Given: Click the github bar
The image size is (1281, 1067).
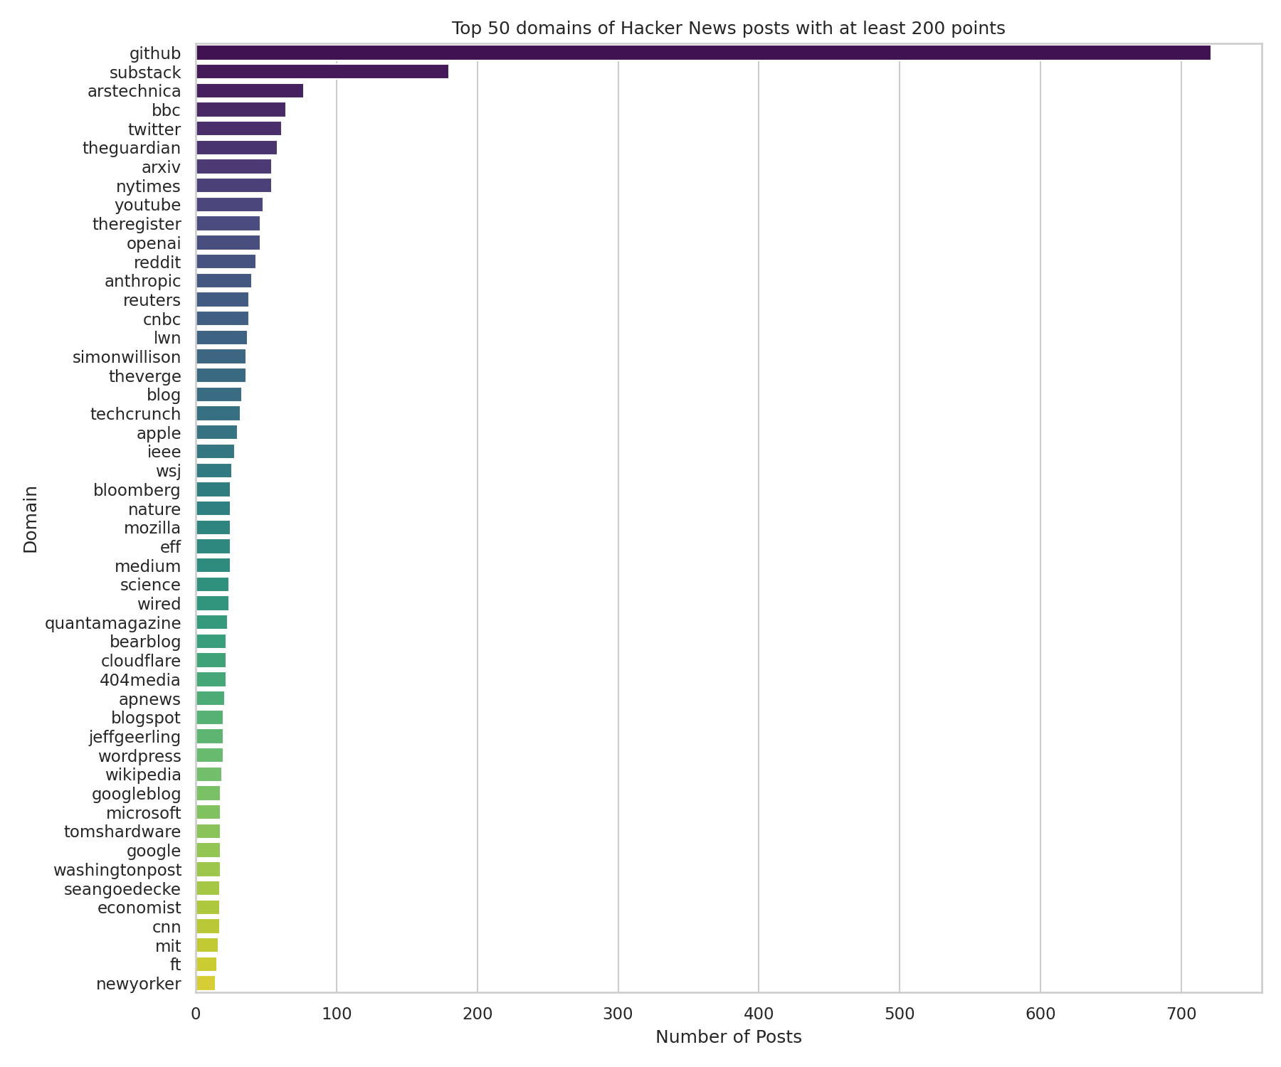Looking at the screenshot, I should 702,53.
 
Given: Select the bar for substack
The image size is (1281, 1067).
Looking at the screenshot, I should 322,72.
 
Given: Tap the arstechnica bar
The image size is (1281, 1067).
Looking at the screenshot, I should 249,91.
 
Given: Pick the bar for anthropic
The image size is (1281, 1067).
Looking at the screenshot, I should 223,281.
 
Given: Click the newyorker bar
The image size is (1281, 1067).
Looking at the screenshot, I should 205,984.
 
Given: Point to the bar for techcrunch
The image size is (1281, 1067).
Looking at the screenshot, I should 218,414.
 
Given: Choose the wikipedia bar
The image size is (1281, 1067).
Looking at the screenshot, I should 209,775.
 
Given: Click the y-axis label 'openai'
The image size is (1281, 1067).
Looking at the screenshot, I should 154,243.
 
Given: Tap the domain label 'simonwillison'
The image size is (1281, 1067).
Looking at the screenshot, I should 127,357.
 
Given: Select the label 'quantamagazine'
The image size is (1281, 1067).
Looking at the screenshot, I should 112,623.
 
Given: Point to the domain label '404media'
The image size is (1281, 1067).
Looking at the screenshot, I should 140,680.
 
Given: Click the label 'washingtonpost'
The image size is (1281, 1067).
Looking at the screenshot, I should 117,870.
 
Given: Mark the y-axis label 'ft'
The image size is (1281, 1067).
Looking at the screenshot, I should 174,965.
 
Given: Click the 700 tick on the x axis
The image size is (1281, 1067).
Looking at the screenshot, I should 1181,1012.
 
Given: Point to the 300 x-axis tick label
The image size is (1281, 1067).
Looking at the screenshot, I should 618,1012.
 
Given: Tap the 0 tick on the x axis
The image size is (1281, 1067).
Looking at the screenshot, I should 196,1012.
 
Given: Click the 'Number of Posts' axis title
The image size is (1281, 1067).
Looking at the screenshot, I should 728,1037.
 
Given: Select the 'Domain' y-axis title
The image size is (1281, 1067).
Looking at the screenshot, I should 31,519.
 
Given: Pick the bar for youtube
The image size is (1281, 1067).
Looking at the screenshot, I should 229,205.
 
